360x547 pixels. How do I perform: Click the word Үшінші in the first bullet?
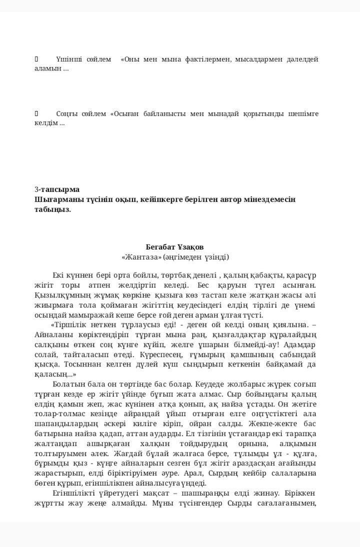click(69, 59)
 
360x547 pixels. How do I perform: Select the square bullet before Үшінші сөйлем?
click(36, 59)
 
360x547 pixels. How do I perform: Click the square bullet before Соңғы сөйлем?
click(36, 113)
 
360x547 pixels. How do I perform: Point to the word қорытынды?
click(265, 113)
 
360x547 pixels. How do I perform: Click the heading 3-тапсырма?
click(57, 189)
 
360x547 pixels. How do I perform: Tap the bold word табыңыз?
click(53, 209)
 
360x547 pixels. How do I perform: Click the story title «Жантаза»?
click(141, 257)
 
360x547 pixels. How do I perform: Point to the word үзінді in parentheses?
click(215, 257)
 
